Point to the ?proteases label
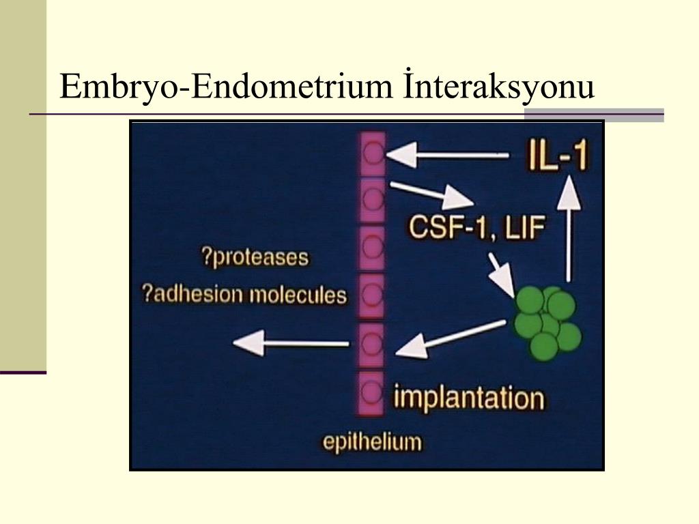click(255, 257)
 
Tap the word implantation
click(469, 398)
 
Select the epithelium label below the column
click(372, 442)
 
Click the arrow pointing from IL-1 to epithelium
click(447, 155)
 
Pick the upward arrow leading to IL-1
click(569, 229)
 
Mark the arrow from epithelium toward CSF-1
click(431, 194)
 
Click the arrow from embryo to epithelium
click(451, 338)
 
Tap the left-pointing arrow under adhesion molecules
click(291, 343)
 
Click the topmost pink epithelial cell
click(372, 153)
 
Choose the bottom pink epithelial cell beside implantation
click(371, 392)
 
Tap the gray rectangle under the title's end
click(594, 115)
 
